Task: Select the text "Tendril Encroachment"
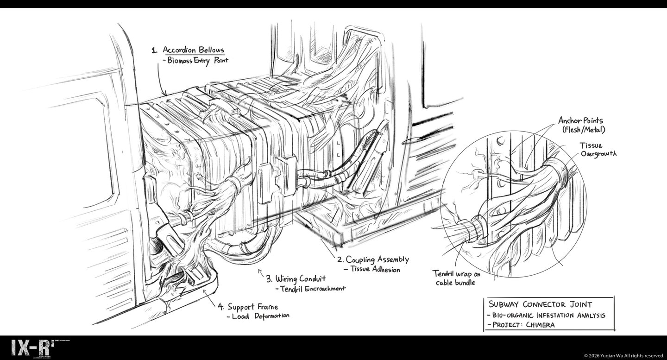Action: pos(313,289)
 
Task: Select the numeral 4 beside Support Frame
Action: pos(221,307)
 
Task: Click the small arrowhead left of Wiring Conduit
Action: pos(259,272)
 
